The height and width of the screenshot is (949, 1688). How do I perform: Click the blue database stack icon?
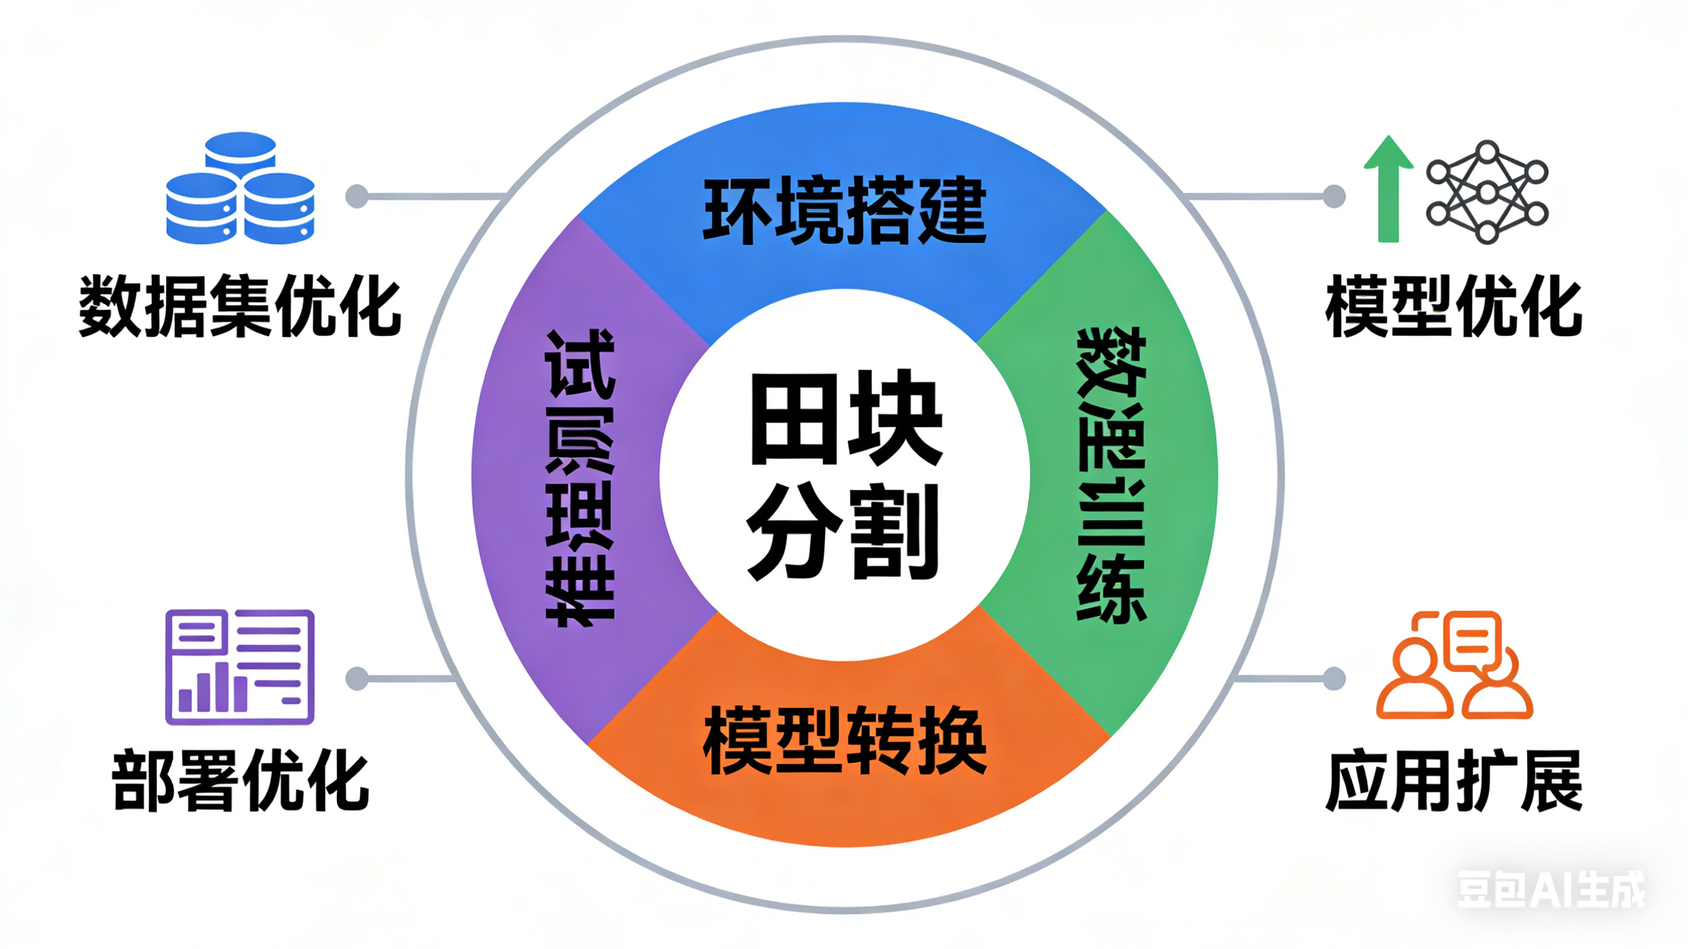[240, 188]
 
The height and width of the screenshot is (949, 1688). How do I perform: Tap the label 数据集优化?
[240, 306]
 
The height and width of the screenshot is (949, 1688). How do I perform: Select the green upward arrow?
[1387, 188]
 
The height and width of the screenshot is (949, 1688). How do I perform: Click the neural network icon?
[1488, 192]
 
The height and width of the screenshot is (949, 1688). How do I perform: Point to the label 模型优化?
[1454, 306]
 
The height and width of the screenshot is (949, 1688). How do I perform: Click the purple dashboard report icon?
[240, 667]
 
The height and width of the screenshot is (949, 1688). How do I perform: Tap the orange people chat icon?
[1454, 665]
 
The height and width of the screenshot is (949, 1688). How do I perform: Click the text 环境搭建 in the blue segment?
[845, 211]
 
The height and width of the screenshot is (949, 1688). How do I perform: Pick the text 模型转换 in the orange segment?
[845, 741]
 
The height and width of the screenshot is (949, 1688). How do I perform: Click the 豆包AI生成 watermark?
[1550, 890]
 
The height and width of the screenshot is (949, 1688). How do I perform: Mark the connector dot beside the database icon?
[357, 196]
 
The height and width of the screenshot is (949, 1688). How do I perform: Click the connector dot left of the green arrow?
[1334, 196]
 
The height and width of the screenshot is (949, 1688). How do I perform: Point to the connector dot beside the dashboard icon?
[357, 678]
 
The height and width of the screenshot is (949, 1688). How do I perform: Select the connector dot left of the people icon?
[1334, 678]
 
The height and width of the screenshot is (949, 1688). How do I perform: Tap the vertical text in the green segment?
[1111, 475]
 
